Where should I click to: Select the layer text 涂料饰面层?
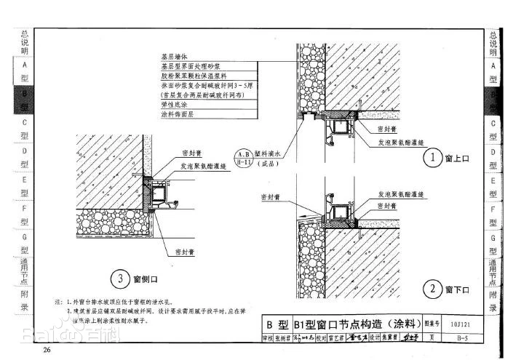click(177, 114)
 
